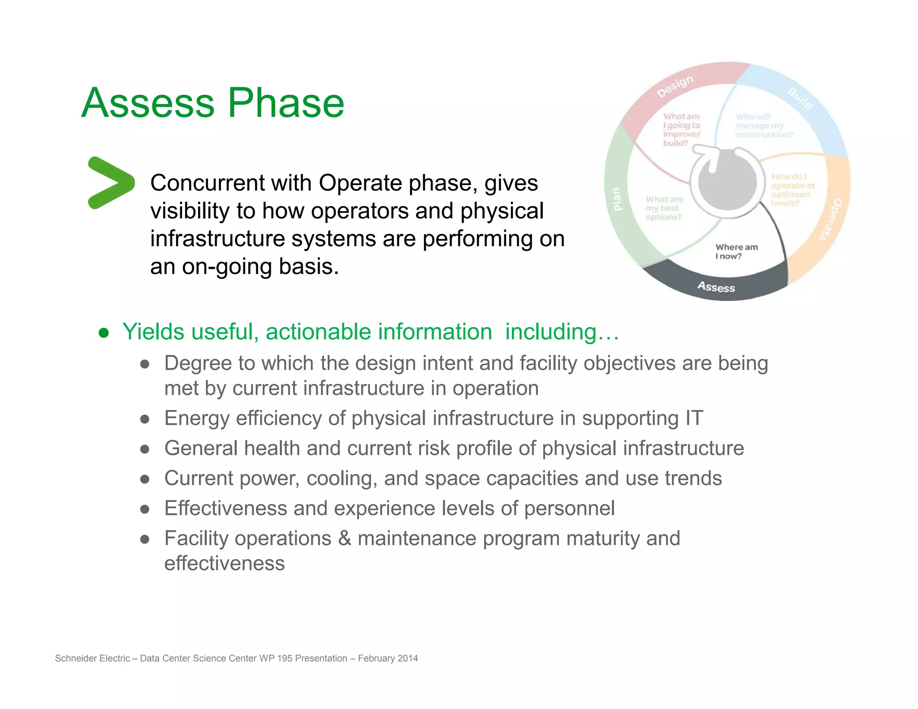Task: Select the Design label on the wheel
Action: [675, 86]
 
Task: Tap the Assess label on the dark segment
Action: [716, 287]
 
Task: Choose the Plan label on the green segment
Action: [617, 199]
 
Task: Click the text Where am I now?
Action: [736, 251]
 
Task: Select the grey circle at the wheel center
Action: [727, 183]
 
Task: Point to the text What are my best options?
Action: [664, 208]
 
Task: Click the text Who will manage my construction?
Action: [763, 125]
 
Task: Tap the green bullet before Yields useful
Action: [104, 333]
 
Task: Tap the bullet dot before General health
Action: [144, 449]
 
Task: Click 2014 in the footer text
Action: [407, 658]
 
